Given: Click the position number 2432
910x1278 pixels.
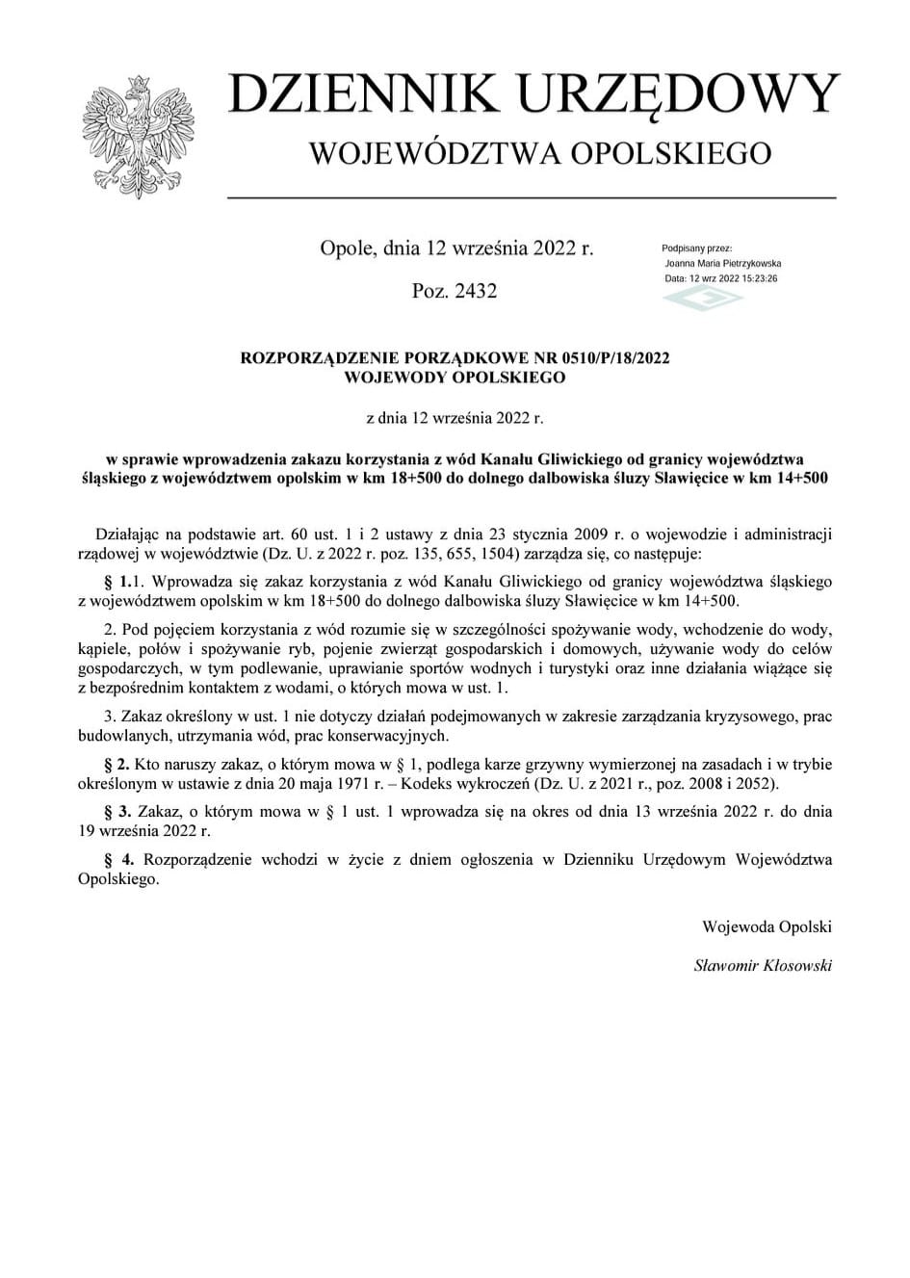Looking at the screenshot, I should tap(474, 290).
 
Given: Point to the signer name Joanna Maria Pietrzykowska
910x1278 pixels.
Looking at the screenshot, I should tap(722, 263).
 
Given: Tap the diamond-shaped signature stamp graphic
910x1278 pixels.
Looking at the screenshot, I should tap(703, 297).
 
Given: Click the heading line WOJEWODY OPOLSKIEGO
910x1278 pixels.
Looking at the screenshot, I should tap(455, 378).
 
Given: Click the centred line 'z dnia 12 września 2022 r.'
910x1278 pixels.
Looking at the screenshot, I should tap(455, 418).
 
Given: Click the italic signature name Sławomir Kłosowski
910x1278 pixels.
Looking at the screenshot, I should tap(763, 965).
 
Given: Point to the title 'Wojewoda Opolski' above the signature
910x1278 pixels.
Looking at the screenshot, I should tap(767, 927).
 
